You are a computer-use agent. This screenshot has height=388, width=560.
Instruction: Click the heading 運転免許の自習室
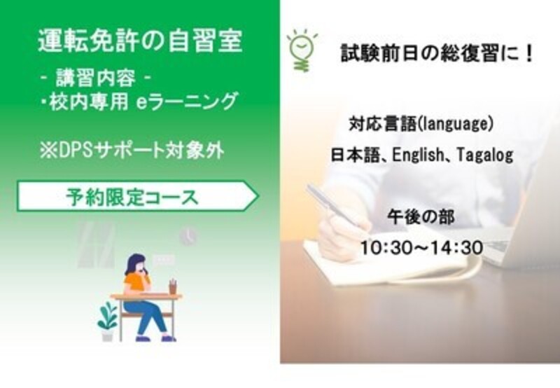(140, 41)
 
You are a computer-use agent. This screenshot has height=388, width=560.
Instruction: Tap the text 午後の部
(421, 217)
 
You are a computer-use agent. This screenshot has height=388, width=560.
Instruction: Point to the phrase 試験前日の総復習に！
(437, 54)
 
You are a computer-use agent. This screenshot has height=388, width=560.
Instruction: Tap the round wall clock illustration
(188, 236)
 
